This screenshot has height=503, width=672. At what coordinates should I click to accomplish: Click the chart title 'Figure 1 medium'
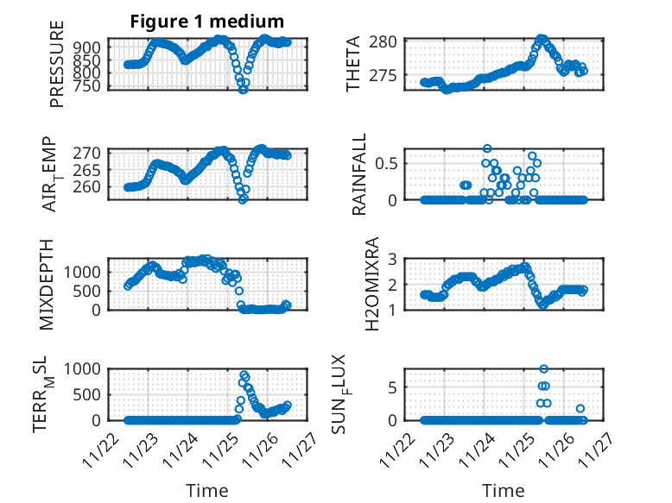pyautogui.click(x=206, y=22)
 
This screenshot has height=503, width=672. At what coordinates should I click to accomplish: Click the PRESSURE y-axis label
pyautogui.click(x=58, y=70)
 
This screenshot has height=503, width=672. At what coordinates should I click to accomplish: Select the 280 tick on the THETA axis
pyautogui.click(x=382, y=41)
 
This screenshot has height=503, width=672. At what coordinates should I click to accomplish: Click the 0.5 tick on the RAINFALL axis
pyautogui.click(x=386, y=162)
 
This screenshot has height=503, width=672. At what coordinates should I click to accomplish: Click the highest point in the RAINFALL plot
pyautogui.click(x=487, y=148)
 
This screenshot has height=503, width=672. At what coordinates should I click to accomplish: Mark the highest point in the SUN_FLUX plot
pyautogui.click(x=543, y=369)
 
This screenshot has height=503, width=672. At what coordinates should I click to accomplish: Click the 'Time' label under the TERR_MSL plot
pyautogui.click(x=207, y=490)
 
